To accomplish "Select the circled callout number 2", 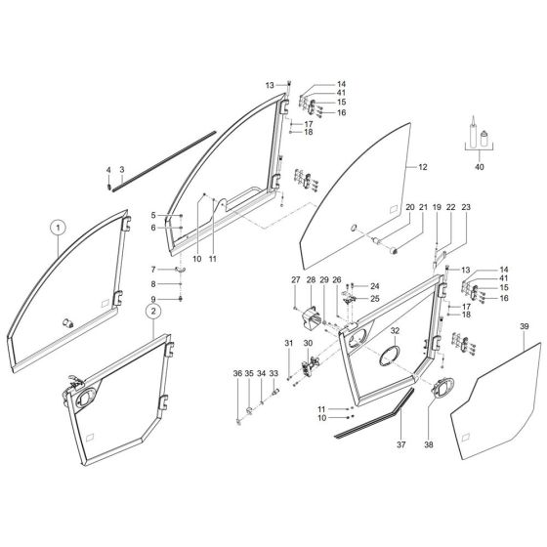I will click(x=152, y=311).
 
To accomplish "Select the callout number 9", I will click(x=153, y=298).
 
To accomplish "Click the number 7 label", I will click(x=153, y=270).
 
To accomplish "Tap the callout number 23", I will click(x=467, y=208).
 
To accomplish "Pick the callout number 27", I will click(x=294, y=280).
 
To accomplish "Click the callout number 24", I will click(x=374, y=286).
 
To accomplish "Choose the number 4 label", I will click(x=108, y=170).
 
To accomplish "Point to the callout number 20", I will click(x=410, y=208).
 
